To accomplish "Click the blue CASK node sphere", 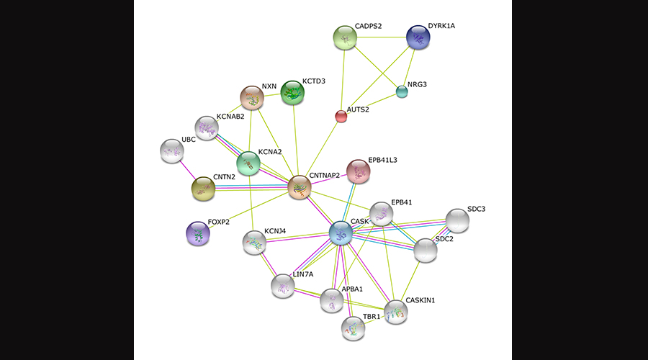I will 341,233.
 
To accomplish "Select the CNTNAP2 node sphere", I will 300,187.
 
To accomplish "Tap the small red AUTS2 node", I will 341,117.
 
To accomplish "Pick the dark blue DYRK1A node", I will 418,37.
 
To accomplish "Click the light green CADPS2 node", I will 345,37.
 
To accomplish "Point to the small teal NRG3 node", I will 402,91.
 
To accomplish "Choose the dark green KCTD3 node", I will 292,92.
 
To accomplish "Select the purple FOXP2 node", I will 197,233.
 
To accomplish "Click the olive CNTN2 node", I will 203,189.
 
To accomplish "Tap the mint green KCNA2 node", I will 248,163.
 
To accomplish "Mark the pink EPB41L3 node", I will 358,171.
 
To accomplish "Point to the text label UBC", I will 189,140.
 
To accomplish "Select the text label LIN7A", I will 303,275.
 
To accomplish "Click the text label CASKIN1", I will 420,300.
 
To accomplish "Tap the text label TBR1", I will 372,317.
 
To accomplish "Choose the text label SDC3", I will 476,209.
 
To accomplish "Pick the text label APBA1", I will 352,289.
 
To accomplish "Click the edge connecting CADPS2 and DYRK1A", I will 382,37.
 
